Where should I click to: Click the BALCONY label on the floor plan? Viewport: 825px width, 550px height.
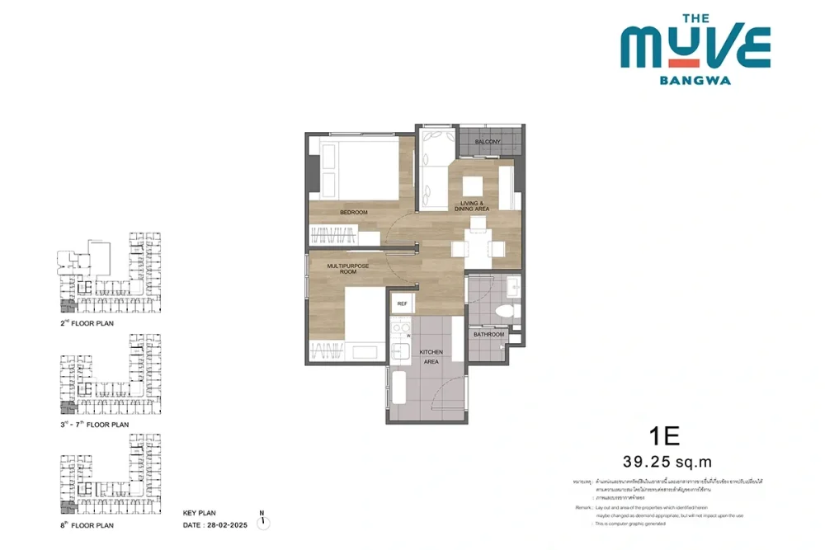click(x=488, y=142)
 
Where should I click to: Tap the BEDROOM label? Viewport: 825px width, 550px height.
click(x=354, y=213)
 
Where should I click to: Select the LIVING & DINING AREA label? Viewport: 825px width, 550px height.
click(x=472, y=206)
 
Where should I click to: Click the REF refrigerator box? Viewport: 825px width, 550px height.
click(x=403, y=303)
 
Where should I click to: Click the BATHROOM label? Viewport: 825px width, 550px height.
click(x=488, y=335)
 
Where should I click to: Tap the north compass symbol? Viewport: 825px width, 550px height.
click(x=263, y=521)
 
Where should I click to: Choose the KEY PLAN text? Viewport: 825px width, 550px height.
click(x=200, y=513)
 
